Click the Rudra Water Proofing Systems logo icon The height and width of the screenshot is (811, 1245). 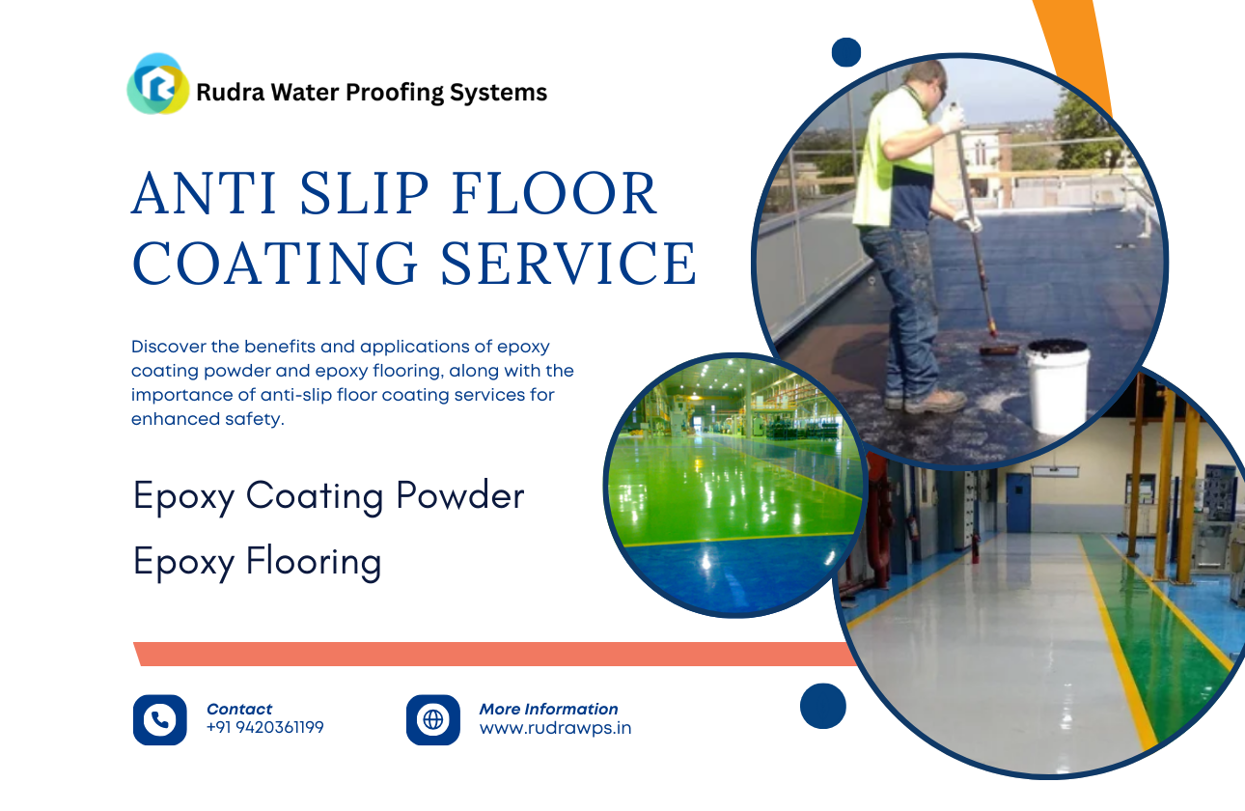pyautogui.click(x=158, y=85)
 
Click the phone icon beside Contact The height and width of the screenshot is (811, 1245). pyautogui.click(x=159, y=719)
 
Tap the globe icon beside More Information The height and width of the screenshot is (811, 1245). pyautogui.click(x=432, y=719)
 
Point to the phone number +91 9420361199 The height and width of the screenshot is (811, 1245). pyautogui.click(x=265, y=728)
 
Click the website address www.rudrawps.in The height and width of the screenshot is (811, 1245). pyautogui.click(x=555, y=728)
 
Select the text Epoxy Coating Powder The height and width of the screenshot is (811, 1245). pyautogui.click(x=328, y=496)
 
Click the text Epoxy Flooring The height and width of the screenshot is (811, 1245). pyautogui.click(x=257, y=562)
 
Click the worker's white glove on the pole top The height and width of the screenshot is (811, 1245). pyautogui.click(x=952, y=118)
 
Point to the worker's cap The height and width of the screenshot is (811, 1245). pyautogui.click(x=924, y=71)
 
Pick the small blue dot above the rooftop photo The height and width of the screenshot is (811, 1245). pyautogui.click(x=845, y=52)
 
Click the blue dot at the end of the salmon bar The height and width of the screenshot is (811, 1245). pyautogui.click(x=822, y=706)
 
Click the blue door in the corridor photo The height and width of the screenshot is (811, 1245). pyautogui.click(x=1018, y=502)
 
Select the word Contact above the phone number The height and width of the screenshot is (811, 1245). pyautogui.click(x=239, y=709)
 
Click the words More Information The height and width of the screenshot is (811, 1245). pyautogui.click(x=548, y=709)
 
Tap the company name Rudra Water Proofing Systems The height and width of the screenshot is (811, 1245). pyautogui.click(x=372, y=93)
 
